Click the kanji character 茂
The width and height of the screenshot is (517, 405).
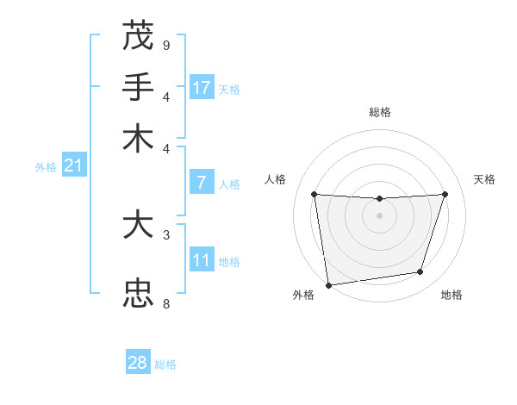pos(138,36)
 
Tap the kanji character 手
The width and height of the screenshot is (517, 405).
pos(138,88)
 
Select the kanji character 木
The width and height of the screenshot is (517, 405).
pos(138,139)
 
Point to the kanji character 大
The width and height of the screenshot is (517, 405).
pos(138,226)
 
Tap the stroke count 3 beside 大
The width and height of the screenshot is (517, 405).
pos(165,234)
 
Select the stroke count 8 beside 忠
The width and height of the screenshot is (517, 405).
pos(165,303)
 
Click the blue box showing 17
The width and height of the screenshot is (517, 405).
pos(202,88)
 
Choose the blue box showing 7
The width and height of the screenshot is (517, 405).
pos(202,183)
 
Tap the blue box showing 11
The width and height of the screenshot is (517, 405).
pos(202,260)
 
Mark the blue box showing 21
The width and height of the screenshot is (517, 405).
pos(73,165)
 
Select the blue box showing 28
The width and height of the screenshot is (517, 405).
pos(138,363)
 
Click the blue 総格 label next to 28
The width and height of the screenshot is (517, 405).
pos(165,364)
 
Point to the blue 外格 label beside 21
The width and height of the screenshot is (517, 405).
pos(46,167)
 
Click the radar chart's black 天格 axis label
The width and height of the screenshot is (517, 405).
pos(485,179)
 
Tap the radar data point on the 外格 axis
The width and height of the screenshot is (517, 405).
pos(328,284)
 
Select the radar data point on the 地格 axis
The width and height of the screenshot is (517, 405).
pos(420,272)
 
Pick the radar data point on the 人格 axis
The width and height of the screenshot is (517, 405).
pos(314,194)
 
